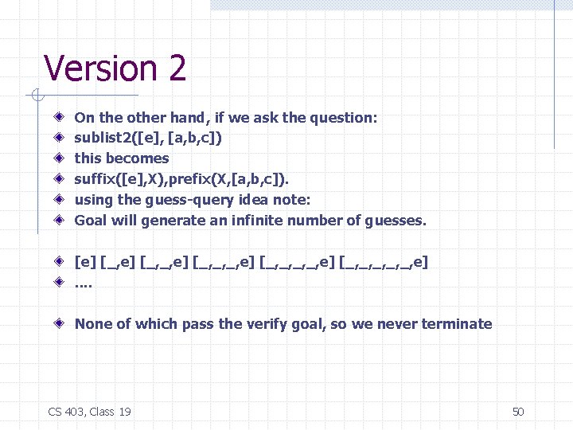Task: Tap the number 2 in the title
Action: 176,68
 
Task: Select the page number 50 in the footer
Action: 518,412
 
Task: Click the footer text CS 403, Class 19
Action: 90,412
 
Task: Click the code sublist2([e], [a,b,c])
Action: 148,138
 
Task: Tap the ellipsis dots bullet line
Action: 83,282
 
